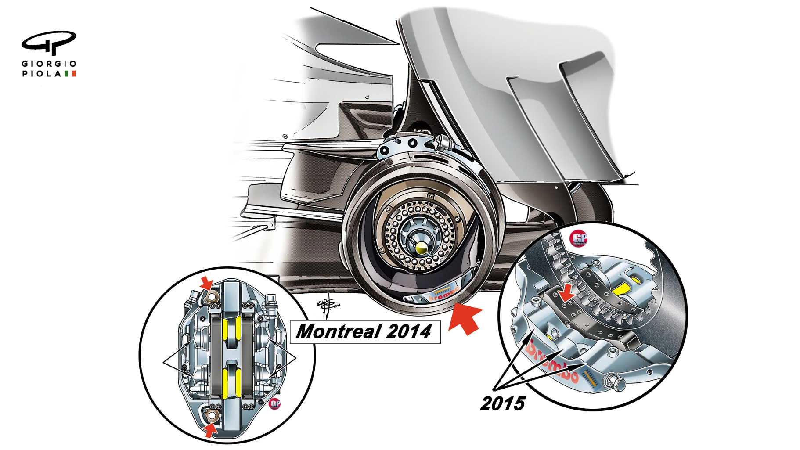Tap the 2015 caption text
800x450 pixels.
[x=502, y=403]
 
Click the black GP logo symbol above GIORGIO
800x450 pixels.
[x=49, y=43]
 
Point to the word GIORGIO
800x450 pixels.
[x=49, y=64]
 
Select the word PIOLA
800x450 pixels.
[x=42, y=74]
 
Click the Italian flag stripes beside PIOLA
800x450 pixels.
[x=70, y=74]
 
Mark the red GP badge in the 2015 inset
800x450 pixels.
[x=579, y=238]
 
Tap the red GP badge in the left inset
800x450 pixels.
[x=275, y=403]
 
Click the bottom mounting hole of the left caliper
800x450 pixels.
[x=213, y=415]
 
